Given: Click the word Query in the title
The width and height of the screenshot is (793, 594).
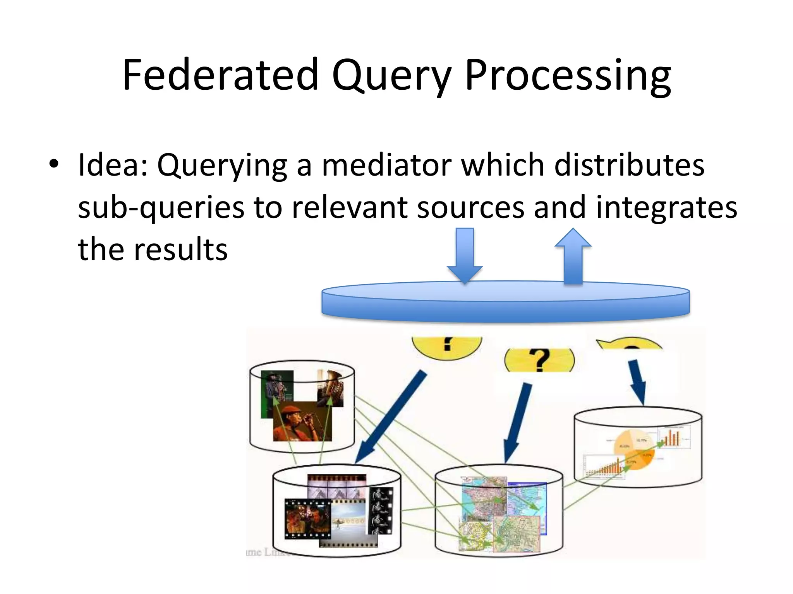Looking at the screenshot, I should (391, 75).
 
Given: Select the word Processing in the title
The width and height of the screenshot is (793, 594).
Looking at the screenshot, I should (567, 75).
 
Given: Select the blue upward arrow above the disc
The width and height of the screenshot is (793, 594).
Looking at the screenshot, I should (573, 255).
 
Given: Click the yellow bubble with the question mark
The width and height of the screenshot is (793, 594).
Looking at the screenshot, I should (539, 360).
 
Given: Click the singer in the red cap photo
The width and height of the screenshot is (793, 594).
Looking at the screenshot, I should (302, 422).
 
